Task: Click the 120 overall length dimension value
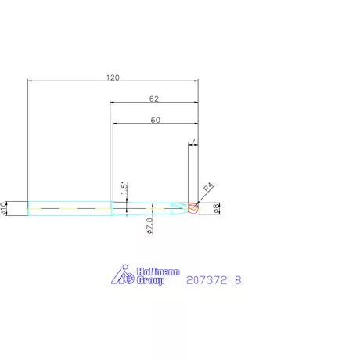click(113, 77)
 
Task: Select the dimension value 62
click(153, 99)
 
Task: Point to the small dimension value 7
click(193, 142)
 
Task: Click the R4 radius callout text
click(209, 188)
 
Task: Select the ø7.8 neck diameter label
click(149, 225)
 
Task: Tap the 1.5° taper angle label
click(124, 189)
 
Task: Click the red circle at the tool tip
click(193, 208)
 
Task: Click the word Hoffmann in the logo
click(158, 272)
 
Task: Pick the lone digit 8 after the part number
click(238, 279)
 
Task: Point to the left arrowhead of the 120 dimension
click(31, 81)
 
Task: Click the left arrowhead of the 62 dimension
click(112, 103)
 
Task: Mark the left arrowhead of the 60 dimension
click(115, 124)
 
